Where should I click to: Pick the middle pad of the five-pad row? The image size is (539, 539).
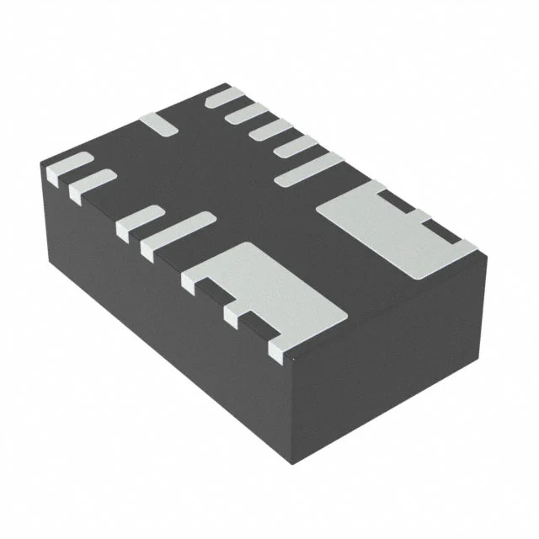pos(269,128)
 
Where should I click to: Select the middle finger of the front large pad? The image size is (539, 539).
pos(237,313)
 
